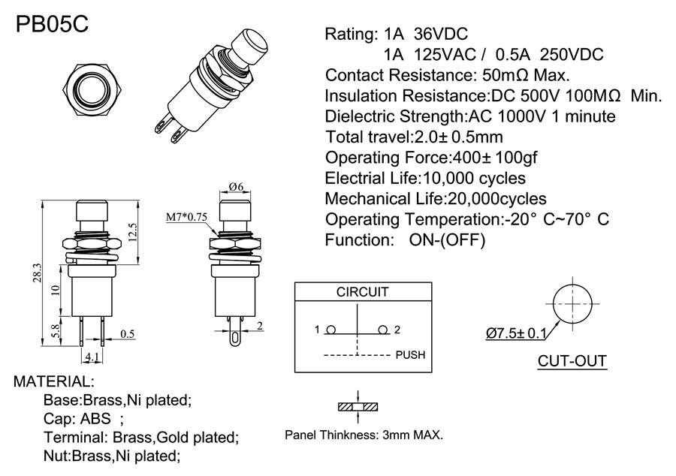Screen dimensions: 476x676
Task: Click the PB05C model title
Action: (52, 24)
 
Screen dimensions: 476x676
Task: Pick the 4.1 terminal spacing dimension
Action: (92, 356)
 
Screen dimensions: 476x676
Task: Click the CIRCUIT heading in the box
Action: (362, 293)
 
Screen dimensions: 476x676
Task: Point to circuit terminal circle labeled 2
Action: (383, 330)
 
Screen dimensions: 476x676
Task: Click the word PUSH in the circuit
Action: (409, 354)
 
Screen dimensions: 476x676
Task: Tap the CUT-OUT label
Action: (572, 362)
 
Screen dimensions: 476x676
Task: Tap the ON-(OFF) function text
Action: (447, 240)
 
